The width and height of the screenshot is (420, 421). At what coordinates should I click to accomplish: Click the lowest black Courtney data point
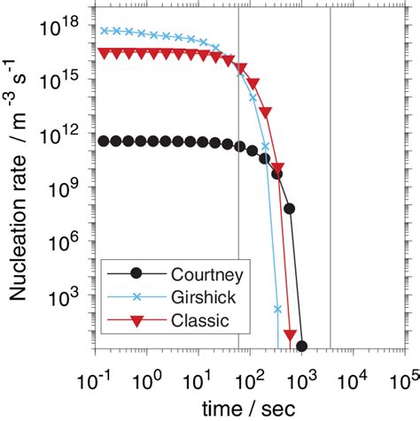pyautogui.click(x=301, y=346)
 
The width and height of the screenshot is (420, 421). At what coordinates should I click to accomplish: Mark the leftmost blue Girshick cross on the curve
pyautogui.click(x=105, y=30)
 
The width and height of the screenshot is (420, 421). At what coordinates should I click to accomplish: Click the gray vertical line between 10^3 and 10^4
pyautogui.click(x=331, y=177)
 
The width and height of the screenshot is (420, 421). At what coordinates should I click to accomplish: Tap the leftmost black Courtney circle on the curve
pyautogui.click(x=105, y=141)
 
